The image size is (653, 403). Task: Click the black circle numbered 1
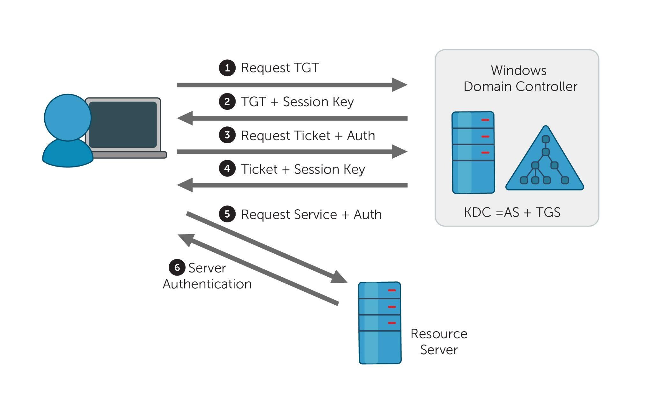(227, 68)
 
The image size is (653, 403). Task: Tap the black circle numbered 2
(227, 101)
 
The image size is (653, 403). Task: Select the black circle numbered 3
(227, 135)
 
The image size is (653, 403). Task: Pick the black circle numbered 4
(227, 168)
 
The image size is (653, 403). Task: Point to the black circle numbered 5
(227, 214)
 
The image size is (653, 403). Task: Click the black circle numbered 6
(177, 267)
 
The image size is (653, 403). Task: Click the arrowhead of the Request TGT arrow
(399, 85)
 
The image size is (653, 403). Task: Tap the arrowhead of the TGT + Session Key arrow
(185, 118)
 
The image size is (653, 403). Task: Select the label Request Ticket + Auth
(308, 136)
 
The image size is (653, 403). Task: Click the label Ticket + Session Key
(303, 169)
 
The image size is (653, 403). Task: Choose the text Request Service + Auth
(311, 214)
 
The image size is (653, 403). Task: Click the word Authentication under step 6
(207, 284)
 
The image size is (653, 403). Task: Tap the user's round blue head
(68, 117)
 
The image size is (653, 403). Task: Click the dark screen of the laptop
(123, 124)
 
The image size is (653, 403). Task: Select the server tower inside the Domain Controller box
(473, 153)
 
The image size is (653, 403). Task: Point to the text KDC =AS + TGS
(512, 212)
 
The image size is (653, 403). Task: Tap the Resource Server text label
(439, 341)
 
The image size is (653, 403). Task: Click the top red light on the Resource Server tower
(392, 290)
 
